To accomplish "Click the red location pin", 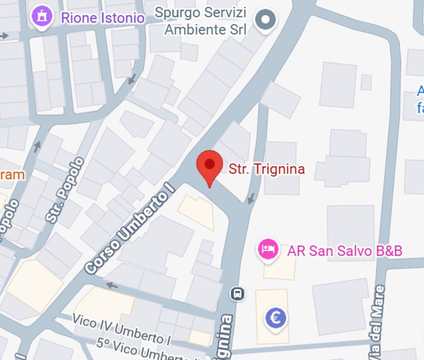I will (x=209, y=166).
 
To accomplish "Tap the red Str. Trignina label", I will (x=266, y=169).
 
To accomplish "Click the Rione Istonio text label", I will (x=103, y=18).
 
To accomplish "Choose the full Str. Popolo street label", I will (x=66, y=190).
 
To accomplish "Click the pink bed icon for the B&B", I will (x=268, y=248).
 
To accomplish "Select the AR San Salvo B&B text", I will (x=344, y=251).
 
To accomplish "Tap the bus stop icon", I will (x=238, y=294).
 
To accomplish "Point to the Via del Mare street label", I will (x=377, y=323).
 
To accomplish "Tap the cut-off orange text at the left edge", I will (x=12, y=175).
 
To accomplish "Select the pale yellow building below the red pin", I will (x=197, y=211).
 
